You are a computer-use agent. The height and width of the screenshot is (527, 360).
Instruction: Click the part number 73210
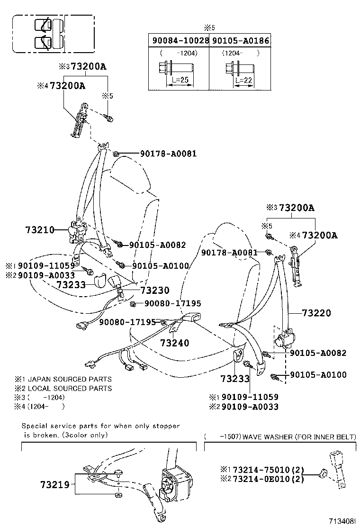39,230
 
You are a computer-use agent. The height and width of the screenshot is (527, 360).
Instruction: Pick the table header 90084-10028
180,41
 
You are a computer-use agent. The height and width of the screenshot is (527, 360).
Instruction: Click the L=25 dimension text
179,80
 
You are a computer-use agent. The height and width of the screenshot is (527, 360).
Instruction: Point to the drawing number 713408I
342,520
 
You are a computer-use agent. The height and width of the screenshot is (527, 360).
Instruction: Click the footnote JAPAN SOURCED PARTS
70,379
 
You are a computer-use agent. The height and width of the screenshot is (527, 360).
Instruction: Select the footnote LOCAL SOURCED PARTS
70,388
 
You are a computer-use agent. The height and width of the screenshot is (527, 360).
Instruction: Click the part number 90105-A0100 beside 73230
161,266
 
